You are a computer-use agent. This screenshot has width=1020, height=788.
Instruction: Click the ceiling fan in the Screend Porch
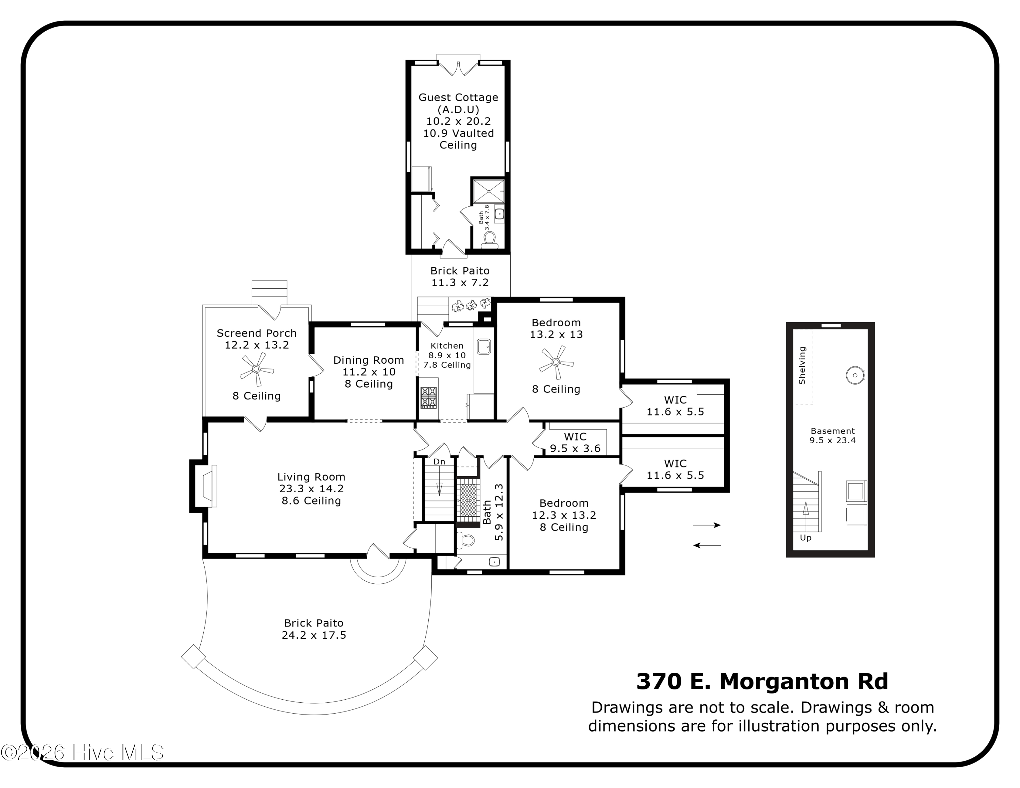[x=256, y=369]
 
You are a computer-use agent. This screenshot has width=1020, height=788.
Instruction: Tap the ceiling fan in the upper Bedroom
[x=556, y=362]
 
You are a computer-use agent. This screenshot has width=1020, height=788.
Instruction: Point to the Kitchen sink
[x=484, y=346]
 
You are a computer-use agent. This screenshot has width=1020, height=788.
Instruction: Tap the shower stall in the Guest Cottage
[x=489, y=191]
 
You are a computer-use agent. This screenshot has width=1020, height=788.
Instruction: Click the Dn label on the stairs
[x=439, y=462]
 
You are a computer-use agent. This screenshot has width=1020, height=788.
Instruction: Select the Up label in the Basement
[x=806, y=538]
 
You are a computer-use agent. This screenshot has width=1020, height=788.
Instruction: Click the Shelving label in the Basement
[x=802, y=365]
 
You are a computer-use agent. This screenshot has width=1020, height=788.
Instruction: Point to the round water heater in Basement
[x=855, y=375]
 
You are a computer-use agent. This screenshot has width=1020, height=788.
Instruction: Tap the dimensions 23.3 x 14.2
[x=311, y=489]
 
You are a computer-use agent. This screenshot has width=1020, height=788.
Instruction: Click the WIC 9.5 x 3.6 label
[x=575, y=443]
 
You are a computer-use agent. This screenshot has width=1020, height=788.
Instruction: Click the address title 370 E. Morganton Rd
[x=762, y=682]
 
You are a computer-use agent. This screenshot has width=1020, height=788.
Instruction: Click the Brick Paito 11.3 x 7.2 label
[x=460, y=276]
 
